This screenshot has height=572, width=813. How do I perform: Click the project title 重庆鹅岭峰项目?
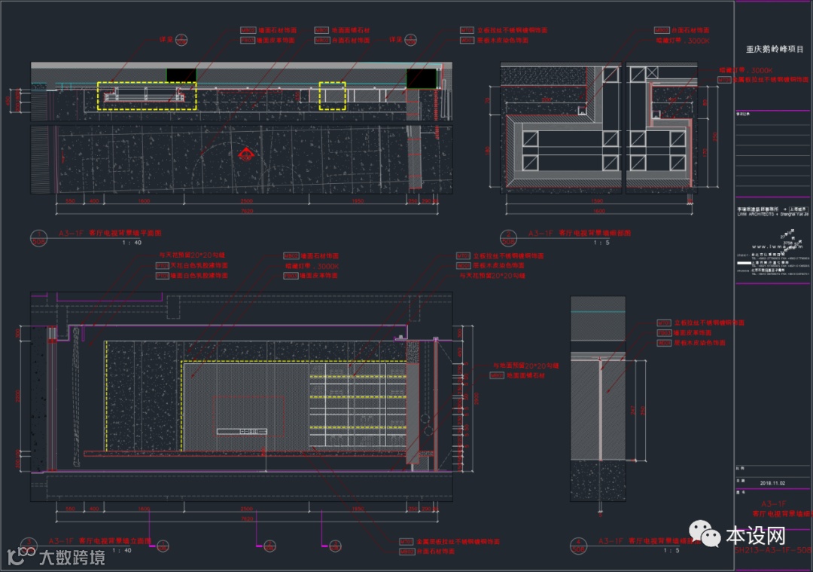(774, 49)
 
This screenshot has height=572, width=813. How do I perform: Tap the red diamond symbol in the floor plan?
(245, 155)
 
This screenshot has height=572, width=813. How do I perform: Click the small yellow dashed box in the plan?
(333, 96)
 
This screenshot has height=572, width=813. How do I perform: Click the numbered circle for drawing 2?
(513, 236)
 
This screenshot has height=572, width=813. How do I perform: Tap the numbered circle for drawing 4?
(577, 543)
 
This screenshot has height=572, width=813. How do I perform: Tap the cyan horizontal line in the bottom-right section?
(598, 311)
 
